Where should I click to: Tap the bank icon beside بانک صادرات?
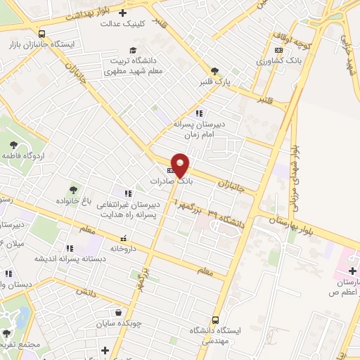pyautogui.click(x=170, y=171)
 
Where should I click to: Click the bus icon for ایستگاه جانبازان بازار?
pyautogui.click(x=42, y=33)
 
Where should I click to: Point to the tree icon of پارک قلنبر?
pyautogui.click(x=214, y=70)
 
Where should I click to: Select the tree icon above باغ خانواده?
pyautogui.click(x=73, y=189)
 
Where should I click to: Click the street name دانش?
pyautogui.click(x=84, y=292)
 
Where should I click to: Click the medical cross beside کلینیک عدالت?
pyautogui.click(x=123, y=13)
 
